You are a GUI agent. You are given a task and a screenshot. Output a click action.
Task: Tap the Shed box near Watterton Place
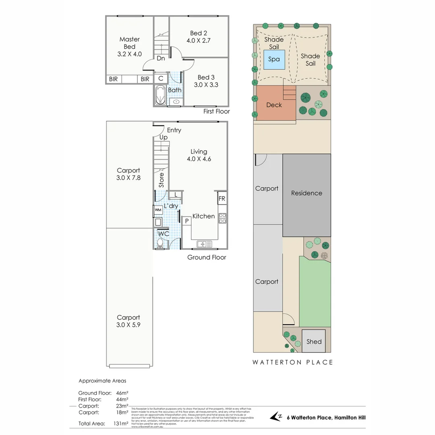pos(314,341)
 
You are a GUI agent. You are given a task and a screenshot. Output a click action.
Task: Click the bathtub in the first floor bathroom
pos(159,95)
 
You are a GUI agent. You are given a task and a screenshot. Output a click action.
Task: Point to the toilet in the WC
pos(159,243)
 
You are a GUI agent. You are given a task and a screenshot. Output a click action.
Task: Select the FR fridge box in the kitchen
pos(222,199)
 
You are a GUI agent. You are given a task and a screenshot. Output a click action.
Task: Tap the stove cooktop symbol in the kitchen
pos(222,218)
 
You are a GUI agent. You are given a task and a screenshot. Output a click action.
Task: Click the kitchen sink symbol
pos(205,244)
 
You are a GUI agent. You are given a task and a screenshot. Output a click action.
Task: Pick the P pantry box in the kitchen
pos(186,221)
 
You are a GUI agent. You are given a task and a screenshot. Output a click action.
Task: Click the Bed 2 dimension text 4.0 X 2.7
pos(199,40)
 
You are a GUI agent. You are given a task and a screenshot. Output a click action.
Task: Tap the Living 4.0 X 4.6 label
pos(199,155)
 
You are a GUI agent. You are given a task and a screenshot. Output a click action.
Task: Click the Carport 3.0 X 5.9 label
pos(128,321)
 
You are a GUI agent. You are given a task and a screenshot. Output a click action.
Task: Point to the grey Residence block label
pos(307,193)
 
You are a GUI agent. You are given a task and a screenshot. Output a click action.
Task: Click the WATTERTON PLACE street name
pos(292,362)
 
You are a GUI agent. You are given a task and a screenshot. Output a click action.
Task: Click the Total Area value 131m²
pos(121,423)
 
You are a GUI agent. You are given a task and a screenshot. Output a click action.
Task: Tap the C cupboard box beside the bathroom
pos(160,79)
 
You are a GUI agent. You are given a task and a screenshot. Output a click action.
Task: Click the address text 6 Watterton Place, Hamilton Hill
pos(326,418)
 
